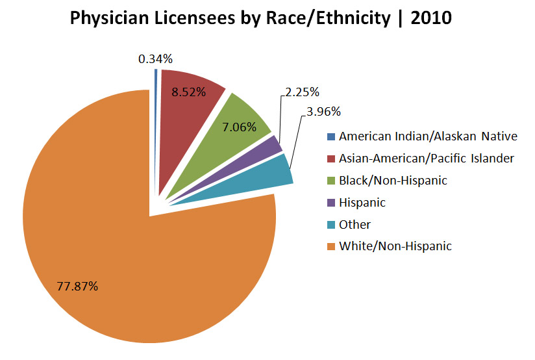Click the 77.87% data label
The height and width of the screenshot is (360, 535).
(x=77, y=286)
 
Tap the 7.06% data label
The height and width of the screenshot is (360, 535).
(x=240, y=127)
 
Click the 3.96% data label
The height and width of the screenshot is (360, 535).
(x=323, y=111)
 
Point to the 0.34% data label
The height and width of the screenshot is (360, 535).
(x=155, y=59)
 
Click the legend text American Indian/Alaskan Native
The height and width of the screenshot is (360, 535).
(x=428, y=136)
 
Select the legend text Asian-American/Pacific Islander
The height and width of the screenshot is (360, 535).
(x=427, y=158)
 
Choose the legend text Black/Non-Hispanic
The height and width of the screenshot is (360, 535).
(x=393, y=180)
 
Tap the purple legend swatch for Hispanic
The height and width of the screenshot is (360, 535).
(x=331, y=203)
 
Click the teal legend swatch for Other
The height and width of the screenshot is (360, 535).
(x=331, y=225)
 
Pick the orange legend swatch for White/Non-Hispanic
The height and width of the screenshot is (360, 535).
(x=331, y=246)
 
